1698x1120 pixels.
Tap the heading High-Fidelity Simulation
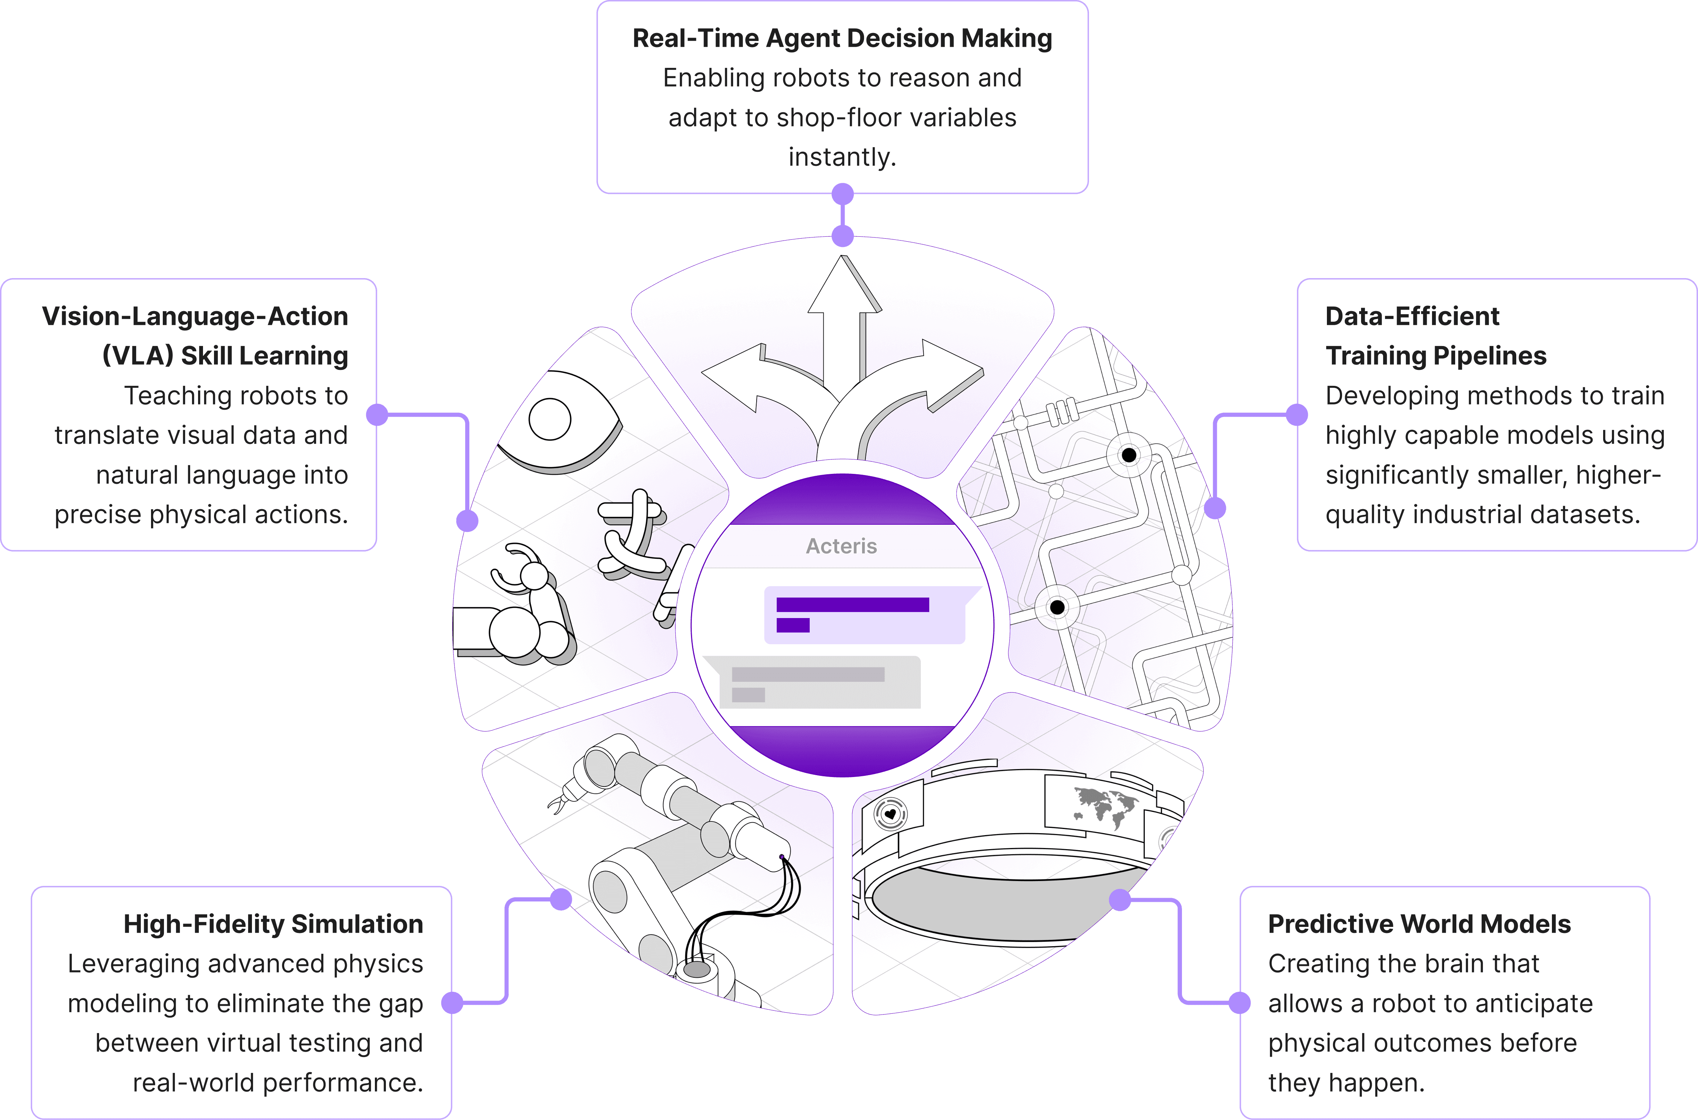coord(273,924)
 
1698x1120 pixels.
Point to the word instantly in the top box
coord(842,157)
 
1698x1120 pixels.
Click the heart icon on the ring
coord(890,813)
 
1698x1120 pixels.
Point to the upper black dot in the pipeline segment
coord(1129,455)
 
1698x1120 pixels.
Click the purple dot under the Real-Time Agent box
coord(843,193)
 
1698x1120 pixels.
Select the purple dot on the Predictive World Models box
coord(1239,1003)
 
